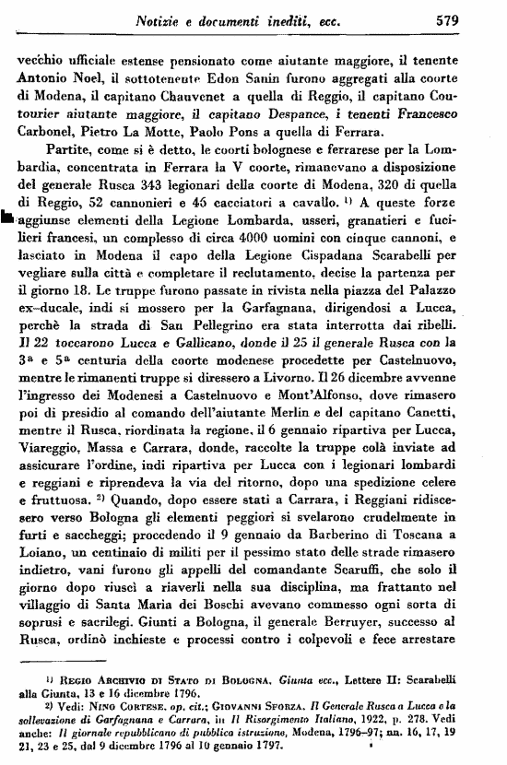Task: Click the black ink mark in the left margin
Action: [x=7, y=218]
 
